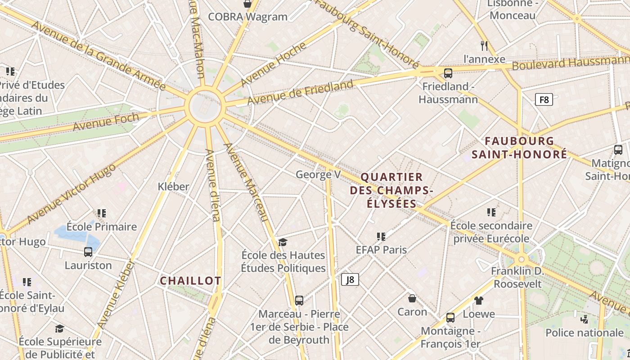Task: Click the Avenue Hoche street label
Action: pyautogui.click(x=274, y=64)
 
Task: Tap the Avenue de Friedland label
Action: pyautogui.click(x=300, y=92)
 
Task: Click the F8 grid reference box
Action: pyautogui.click(x=544, y=99)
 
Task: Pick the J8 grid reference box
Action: pyautogui.click(x=350, y=279)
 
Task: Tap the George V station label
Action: pyautogui.click(x=318, y=175)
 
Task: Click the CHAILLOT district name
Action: pyautogui.click(x=190, y=281)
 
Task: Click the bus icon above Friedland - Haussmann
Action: pyautogui.click(x=448, y=73)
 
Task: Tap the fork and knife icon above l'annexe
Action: pyautogui.click(x=484, y=45)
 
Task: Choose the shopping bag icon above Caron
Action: pyautogui.click(x=412, y=298)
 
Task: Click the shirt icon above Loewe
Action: pyautogui.click(x=478, y=300)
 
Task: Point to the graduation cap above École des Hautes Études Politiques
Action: pyautogui.click(x=283, y=243)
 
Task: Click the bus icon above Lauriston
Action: pyautogui.click(x=88, y=252)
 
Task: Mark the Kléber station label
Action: pyautogui.click(x=173, y=186)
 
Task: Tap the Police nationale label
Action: pyautogui.click(x=584, y=333)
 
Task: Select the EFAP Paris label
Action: pyautogui.click(x=381, y=250)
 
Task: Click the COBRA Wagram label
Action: pyautogui.click(x=247, y=17)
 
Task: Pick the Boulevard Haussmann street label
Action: pyautogui.click(x=571, y=63)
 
